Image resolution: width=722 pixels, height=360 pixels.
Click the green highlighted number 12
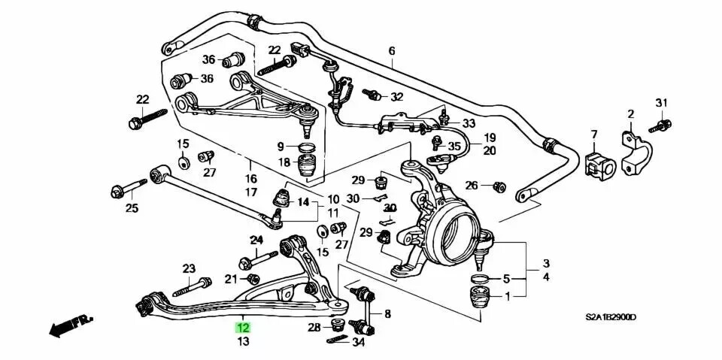pyautogui.click(x=243, y=328)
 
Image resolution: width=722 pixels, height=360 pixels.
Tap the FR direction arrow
pyautogui.click(x=71, y=325)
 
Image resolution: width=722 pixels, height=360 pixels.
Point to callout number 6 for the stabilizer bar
pyautogui.click(x=391, y=51)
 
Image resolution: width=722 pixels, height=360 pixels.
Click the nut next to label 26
pyautogui.click(x=497, y=186)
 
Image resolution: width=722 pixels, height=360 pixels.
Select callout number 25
pyautogui.click(x=132, y=208)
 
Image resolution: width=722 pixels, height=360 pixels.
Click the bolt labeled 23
pyautogui.click(x=195, y=286)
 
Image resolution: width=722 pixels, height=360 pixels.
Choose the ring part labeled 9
pyautogui.click(x=307, y=147)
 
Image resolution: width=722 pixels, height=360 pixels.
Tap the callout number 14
pyautogui.click(x=303, y=201)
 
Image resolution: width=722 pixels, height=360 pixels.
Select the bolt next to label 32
pyautogui.click(x=371, y=95)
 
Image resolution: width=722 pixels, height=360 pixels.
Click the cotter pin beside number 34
pyautogui.click(x=335, y=342)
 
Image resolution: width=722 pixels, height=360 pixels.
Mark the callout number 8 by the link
pyautogui.click(x=387, y=314)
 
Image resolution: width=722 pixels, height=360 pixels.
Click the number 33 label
pyautogui.click(x=469, y=123)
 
